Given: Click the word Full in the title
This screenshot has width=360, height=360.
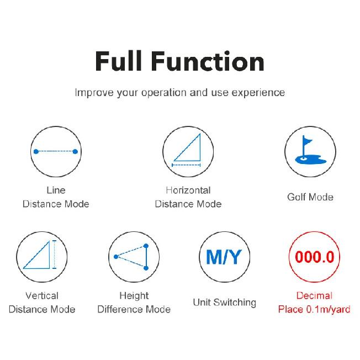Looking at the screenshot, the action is click(x=119, y=61).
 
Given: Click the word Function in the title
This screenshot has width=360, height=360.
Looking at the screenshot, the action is click(x=208, y=61).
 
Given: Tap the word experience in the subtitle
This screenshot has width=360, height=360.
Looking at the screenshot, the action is click(x=258, y=93).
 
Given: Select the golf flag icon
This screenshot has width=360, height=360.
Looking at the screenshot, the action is click(x=310, y=150).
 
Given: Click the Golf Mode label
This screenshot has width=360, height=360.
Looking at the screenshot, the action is click(x=310, y=197).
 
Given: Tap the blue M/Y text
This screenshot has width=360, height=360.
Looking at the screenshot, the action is click(x=224, y=257).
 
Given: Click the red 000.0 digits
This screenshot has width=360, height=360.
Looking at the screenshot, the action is click(x=314, y=257).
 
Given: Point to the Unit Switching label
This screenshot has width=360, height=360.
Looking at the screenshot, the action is click(x=225, y=303).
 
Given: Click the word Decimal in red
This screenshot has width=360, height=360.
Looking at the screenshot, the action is click(x=314, y=295).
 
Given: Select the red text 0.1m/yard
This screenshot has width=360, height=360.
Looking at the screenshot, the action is click(x=328, y=310).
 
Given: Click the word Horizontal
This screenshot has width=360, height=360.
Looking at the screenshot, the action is click(x=188, y=190).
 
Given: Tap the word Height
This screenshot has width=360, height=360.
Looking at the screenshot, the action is click(x=134, y=296).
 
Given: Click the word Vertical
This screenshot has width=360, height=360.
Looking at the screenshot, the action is click(x=42, y=295).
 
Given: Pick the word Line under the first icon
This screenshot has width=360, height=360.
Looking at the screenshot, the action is click(x=56, y=190).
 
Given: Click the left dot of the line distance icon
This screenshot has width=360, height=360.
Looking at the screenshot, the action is click(x=36, y=151).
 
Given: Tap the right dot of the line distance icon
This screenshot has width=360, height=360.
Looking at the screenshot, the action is click(x=75, y=151).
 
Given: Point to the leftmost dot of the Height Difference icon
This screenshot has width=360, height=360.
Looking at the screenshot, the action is click(x=116, y=257).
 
